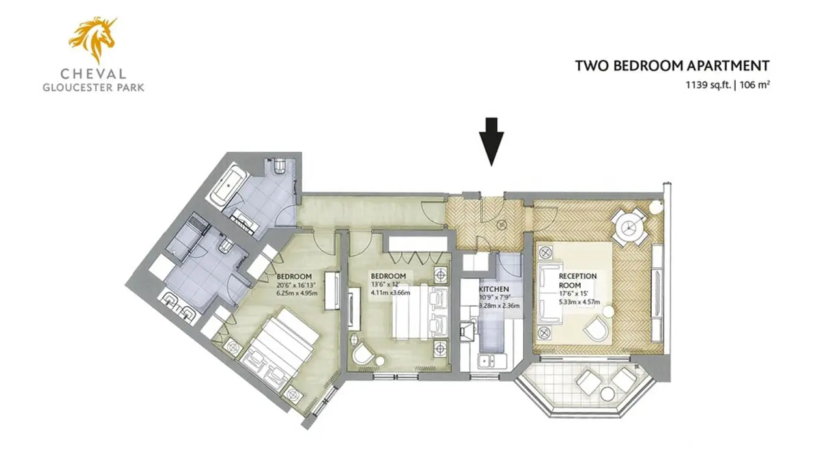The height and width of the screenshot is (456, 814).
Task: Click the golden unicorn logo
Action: [x=93, y=39]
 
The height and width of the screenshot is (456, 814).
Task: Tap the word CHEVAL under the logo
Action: [x=93, y=74]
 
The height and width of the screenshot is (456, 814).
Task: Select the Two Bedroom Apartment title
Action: [x=672, y=66]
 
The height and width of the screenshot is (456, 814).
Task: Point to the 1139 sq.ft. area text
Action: [x=708, y=85]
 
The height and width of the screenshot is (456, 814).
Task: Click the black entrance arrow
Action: [x=491, y=142]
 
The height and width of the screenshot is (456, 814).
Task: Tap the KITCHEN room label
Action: [x=494, y=289]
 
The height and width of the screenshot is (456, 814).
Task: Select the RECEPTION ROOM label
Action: [x=578, y=281]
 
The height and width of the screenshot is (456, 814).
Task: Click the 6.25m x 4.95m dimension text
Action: [x=297, y=293]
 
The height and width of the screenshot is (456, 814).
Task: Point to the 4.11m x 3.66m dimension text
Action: [x=390, y=292]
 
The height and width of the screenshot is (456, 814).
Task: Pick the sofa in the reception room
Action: [x=550, y=293]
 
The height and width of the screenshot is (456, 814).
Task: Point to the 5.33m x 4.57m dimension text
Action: [x=580, y=302]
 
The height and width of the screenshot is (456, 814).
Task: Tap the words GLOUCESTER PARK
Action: [x=93, y=88]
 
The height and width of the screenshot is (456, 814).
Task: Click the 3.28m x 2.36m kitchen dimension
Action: [x=499, y=306]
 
